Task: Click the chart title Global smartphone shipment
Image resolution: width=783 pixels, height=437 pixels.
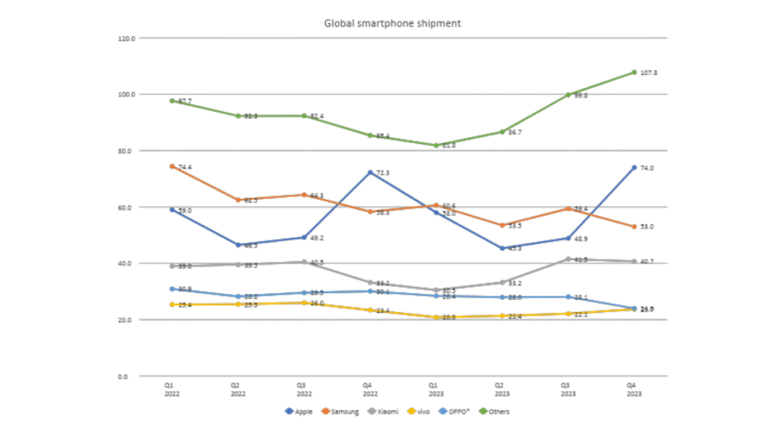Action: pyautogui.click(x=392, y=24)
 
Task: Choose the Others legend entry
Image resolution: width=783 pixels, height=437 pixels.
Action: pyautogui.click(x=496, y=411)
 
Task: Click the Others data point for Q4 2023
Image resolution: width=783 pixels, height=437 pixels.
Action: pyautogui.click(x=634, y=73)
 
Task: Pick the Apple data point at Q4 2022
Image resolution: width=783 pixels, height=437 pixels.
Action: pyautogui.click(x=370, y=172)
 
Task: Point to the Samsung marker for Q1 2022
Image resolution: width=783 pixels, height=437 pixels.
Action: pyautogui.click(x=172, y=166)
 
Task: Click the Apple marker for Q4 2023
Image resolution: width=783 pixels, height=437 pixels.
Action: pyautogui.click(x=634, y=168)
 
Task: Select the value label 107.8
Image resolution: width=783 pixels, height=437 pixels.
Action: pyautogui.click(x=648, y=73)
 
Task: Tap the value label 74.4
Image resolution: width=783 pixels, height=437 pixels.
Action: pyautogui.click(x=185, y=167)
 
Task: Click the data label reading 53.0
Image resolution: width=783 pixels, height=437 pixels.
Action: pyautogui.click(x=647, y=227)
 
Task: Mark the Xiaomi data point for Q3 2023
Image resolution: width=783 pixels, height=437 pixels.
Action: pyautogui.click(x=568, y=259)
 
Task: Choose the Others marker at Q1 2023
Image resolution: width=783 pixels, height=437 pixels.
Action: pyautogui.click(x=436, y=145)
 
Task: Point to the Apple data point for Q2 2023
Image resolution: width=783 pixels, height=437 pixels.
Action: pyautogui.click(x=502, y=248)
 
